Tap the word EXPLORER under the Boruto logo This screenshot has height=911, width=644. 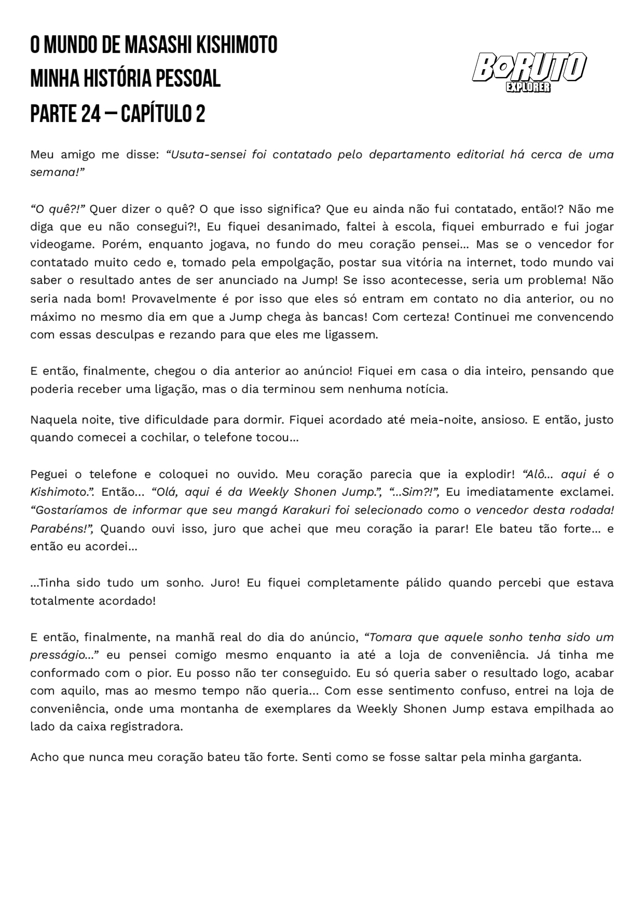pos(528,87)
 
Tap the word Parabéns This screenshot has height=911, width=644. pos(58,529)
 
